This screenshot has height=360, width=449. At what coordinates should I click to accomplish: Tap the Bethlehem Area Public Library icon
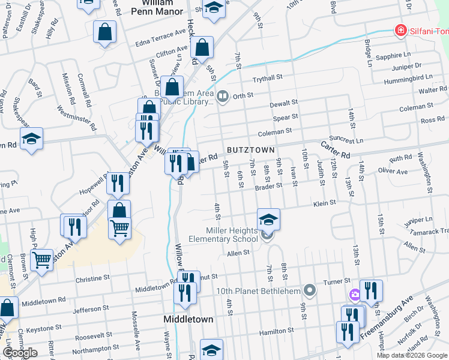(x=223, y=96)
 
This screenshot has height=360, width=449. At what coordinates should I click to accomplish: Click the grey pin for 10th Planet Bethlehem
(x=310, y=291)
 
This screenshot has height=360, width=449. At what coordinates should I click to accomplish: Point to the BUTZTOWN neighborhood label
(x=251, y=149)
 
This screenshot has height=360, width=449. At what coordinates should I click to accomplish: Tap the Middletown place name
(x=188, y=319)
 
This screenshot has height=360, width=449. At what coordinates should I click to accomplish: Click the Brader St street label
(x=268, y=186)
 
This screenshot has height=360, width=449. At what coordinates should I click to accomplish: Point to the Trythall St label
(x=267, y=79)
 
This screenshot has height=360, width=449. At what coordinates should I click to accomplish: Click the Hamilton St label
(x=276, y=331)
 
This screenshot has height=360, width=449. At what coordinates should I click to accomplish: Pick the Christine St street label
(x=93, y=279)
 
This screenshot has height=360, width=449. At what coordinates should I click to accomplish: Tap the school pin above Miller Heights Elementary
(x=269, y=219)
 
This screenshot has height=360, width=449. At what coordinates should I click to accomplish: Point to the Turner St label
(x=337, y=281)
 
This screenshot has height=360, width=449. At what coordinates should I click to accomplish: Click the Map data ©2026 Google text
(x=412, y=355)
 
